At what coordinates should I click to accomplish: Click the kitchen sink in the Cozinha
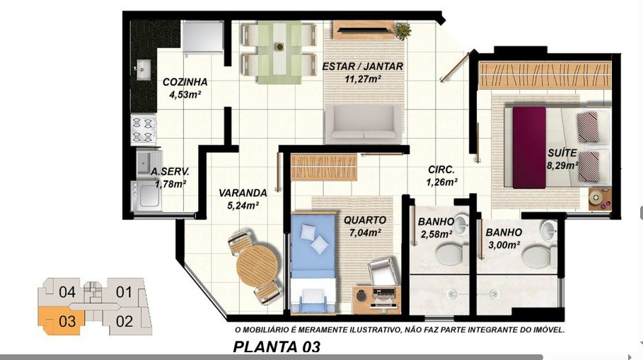click(x=143, y=70)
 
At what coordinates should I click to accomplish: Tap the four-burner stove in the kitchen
click(x=144, y=129)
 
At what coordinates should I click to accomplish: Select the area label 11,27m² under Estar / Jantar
click(x=363, y=79)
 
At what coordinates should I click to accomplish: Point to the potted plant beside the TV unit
click(x=402, y=30)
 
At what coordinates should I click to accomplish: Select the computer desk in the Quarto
click(x=376, y=300)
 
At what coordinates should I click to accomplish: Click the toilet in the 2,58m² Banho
click(x=451, y=254)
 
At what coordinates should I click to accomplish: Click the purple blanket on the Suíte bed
click(x=529, y=148)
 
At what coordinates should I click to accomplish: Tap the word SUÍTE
click(x=562, y=153)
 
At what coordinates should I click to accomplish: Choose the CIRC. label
click(x=441, y=169)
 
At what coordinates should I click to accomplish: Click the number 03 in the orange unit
click(x=67, y=322)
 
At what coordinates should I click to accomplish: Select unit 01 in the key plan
click(x=124, y=292)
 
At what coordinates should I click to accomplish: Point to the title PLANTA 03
click(x=277, y=347)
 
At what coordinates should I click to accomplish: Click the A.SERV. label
click(x=170, y=172)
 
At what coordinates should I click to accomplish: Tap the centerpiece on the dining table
click(x=279, y=47)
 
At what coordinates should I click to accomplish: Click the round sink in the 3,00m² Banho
click(x=548, y=231)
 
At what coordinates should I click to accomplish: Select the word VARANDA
click(x=243, y=192)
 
